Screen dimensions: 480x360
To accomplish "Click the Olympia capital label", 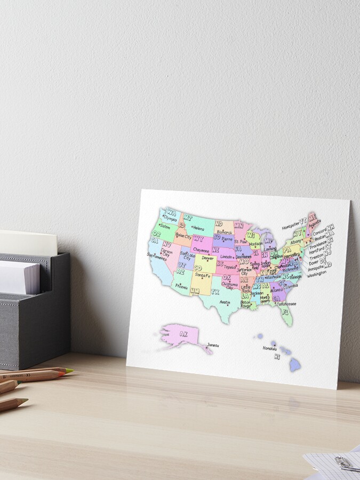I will pos(170,219).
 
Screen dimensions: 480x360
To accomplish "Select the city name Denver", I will pos(207,258).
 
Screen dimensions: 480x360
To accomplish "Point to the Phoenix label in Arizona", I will pos(181,286).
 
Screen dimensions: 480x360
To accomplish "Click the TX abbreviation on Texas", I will pos(215,292).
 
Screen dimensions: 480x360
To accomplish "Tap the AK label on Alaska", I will pos(183,334).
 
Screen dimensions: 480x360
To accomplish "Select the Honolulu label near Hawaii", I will pos(270,348).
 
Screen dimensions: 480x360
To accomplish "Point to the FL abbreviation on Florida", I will pos(285,311).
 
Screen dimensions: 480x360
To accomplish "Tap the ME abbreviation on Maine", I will pos(312,216).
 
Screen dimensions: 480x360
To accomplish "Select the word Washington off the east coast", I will pos(317,274).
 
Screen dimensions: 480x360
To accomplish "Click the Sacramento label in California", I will pos(157,259).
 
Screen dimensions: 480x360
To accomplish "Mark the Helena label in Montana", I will pos(198,228).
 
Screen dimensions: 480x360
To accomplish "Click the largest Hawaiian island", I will pos(295,364).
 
